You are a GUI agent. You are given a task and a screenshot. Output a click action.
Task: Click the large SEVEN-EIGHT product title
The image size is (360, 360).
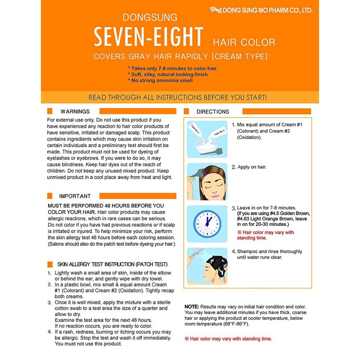[x=148, y=37]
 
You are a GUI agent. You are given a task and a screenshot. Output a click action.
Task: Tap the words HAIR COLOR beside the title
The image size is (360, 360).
[x=243, y=43]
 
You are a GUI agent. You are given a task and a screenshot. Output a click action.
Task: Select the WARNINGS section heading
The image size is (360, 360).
[x=75, y=111]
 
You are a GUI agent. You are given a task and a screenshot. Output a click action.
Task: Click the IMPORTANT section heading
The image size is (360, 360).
[x=75, y=196]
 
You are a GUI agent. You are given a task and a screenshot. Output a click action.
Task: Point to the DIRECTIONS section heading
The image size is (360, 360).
[x=212, y=112]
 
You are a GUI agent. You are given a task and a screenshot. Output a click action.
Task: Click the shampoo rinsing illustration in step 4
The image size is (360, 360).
[x=207, y=265]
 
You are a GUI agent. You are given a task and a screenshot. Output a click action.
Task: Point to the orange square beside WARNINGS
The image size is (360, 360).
[x=50, y=111]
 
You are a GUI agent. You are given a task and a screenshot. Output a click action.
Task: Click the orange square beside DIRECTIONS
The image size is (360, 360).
[x=187, y=112]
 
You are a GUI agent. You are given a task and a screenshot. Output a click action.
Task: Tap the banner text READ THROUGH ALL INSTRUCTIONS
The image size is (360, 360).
[x=177, y=97]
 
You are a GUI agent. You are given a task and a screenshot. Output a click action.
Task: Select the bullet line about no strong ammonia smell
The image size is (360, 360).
[x=161, y=81]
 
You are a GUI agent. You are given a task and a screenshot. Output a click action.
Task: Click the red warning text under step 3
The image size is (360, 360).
[x=265, y=235]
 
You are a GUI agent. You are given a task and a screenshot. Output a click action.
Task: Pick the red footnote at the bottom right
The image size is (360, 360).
[x=228, y=339]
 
